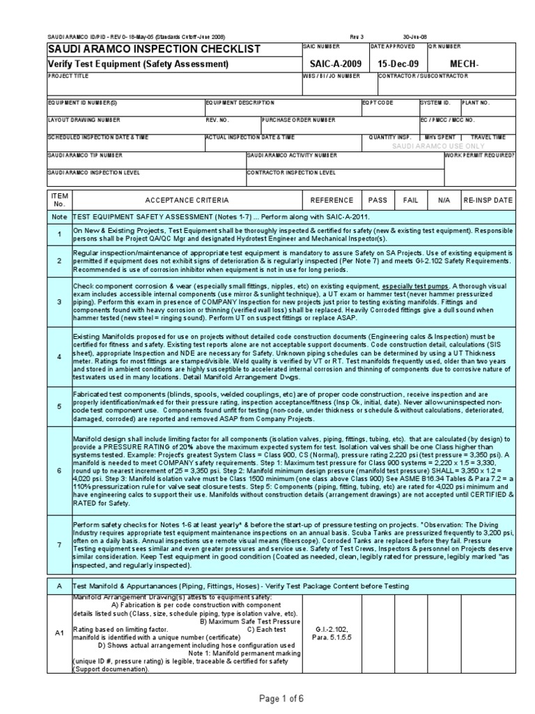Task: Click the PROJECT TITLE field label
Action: (x=68, y=75)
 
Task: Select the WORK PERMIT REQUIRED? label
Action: (x=480, y=155)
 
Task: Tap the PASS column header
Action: (x=378, y=200)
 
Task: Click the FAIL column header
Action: (x=410, y=200)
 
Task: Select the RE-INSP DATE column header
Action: (x=488, y=200)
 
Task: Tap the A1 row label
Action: (x=59, y=634)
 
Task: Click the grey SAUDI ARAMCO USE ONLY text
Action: (x=437, y=146)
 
